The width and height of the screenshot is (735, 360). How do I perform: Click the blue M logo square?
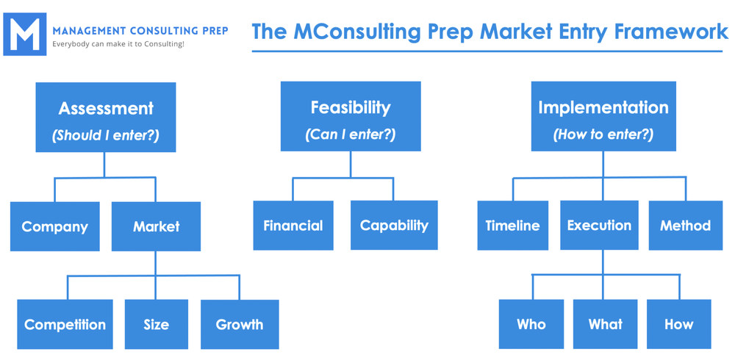24,34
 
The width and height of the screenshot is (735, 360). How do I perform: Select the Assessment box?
106,117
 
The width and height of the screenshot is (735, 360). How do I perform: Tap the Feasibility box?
351,116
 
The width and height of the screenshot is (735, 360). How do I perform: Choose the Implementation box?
603,116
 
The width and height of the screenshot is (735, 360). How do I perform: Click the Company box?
55,226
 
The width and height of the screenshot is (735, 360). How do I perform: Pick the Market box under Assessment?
156,226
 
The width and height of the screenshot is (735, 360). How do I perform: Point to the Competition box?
65,324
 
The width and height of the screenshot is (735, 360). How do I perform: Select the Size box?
156,324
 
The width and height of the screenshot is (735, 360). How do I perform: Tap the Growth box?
240,324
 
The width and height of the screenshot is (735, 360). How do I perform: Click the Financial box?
293,225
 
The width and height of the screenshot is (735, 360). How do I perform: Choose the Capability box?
394,225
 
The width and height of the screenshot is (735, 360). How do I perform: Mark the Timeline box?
512,226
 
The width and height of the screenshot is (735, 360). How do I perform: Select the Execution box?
599,226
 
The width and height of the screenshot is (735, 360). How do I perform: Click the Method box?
685,226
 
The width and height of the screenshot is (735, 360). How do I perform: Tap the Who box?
531,323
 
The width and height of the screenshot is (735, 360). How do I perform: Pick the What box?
605,323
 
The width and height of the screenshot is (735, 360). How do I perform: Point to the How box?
678,323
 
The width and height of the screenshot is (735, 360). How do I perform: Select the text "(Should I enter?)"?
106,135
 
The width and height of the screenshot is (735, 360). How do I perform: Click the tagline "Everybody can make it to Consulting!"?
118,44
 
